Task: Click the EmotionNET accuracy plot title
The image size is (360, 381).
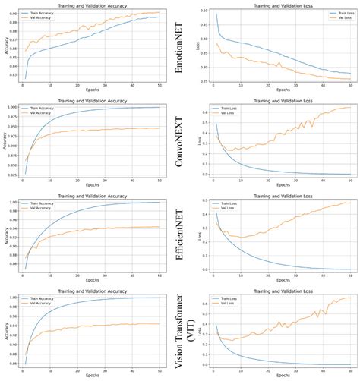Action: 92,6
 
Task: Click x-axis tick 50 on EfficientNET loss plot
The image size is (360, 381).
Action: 350,276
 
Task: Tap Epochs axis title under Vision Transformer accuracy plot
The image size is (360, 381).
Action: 92,377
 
